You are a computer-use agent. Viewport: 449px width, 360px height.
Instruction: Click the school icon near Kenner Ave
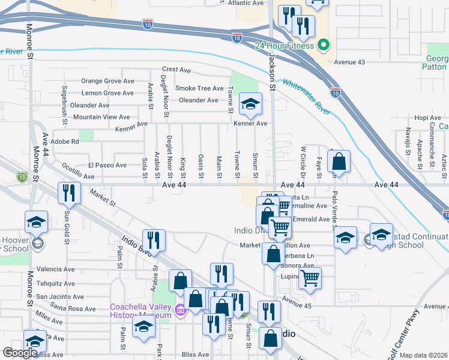coord(250,104)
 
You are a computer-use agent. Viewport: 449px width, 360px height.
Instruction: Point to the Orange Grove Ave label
coord(108,81)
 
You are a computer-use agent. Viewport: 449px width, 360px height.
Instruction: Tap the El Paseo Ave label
coord(107,165)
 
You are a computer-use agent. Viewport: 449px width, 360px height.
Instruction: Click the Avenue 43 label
coord(350,62)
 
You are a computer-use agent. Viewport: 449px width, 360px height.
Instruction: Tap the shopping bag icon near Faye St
coord(339,161)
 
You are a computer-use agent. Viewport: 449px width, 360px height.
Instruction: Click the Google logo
coord(20,353)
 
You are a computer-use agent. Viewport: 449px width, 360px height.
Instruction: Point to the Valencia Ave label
coord(55,269)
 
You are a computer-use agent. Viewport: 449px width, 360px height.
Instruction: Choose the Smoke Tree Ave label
coord(199,88)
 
